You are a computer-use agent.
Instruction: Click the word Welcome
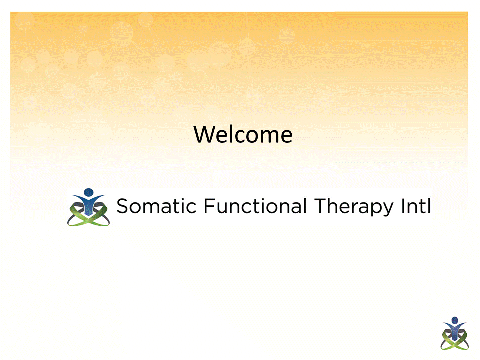coord(243,134)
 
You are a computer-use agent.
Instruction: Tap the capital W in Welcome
coord(204,135)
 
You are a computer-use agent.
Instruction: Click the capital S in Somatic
coord(122,206)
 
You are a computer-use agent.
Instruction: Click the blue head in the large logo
coord(89,192)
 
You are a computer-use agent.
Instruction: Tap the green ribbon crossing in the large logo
coord(89,219)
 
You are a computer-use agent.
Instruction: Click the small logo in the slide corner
coord(454,333)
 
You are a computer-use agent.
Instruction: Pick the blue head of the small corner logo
coord(454,320)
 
